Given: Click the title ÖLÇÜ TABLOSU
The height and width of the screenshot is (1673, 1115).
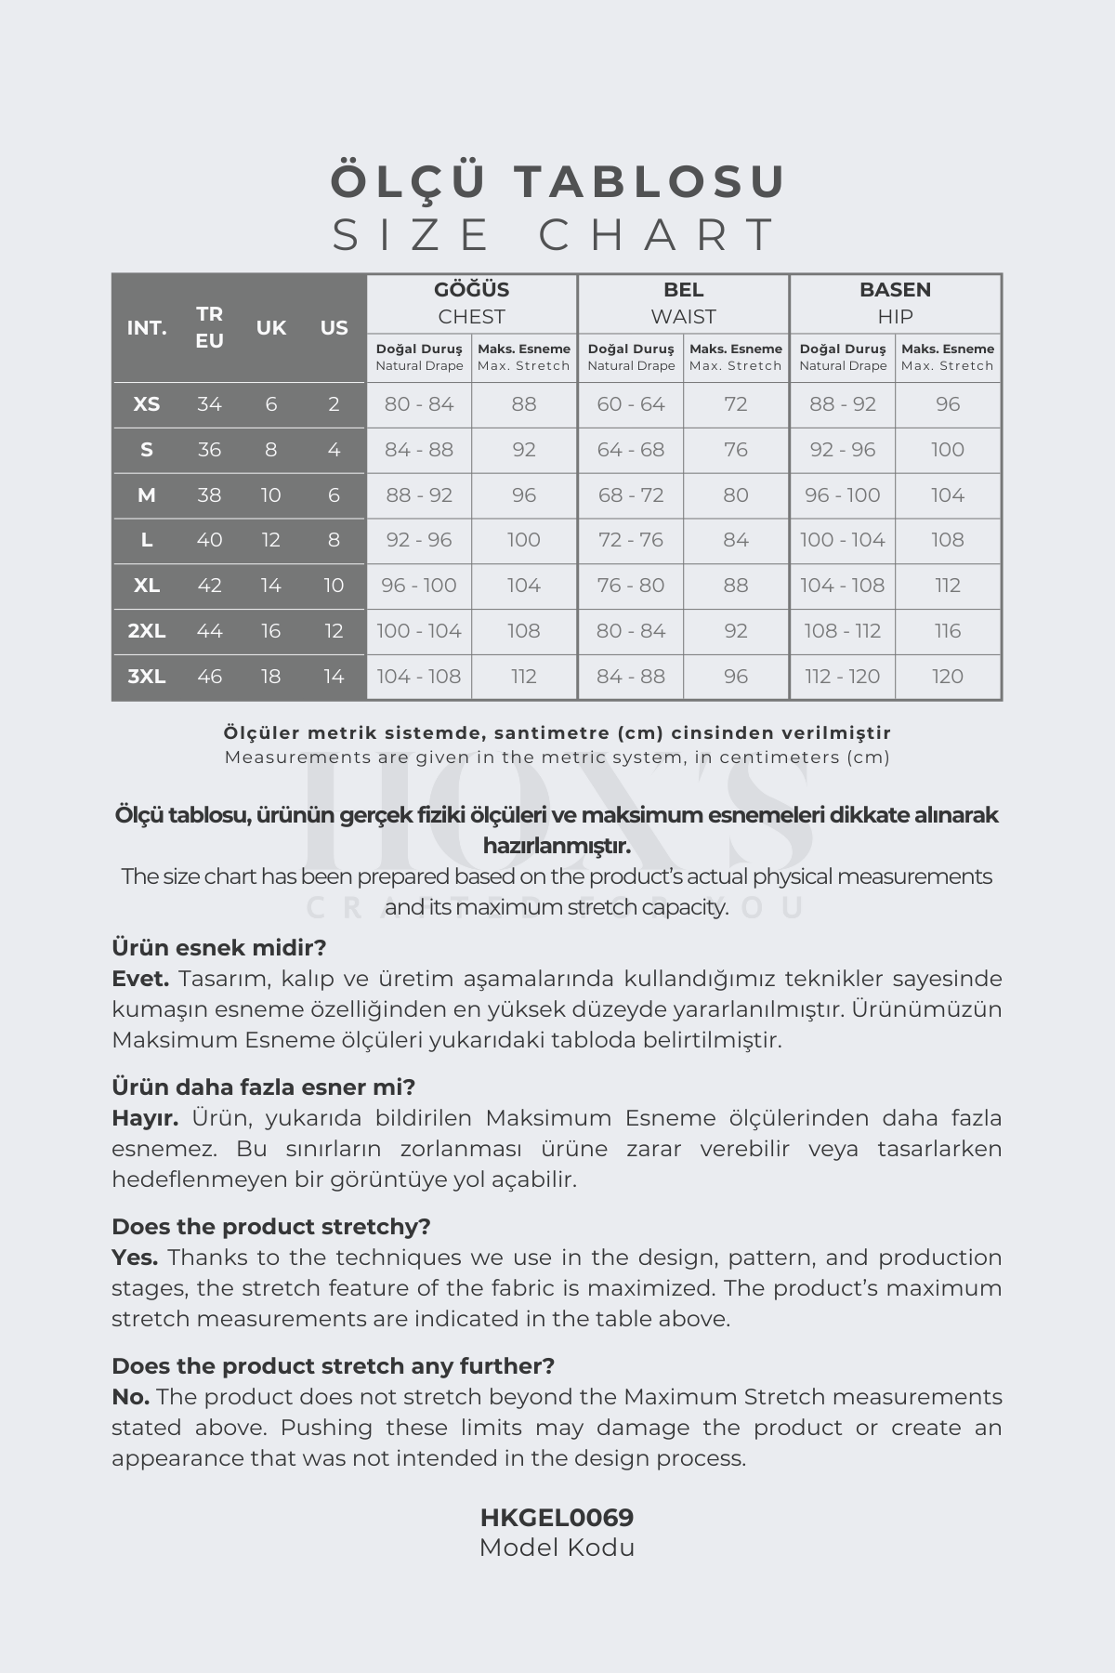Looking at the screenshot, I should pyautogui.click(x=557, y=180).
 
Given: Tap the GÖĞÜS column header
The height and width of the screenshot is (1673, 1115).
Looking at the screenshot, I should pyautogui.click(x=471, y=290).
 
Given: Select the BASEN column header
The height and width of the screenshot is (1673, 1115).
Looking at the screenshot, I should pyautogui.click(x=895, y=290).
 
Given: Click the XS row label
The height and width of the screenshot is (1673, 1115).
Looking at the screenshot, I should pyautogui.click(x=147, y=404).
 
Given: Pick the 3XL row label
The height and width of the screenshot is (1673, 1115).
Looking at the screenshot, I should pyautogui.click(x=147, y=677).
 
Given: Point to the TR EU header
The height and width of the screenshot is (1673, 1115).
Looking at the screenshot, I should pyautogui.click(x=209, y=327).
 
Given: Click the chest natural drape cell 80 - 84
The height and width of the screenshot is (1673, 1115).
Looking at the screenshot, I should pyautogui.click(x=419, y=404).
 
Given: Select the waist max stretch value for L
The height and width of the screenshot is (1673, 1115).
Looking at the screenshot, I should pyautogui.click(x=735, y=540).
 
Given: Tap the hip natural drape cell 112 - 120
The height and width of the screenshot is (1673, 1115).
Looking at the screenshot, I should pyautogui.click(x=843, y=677).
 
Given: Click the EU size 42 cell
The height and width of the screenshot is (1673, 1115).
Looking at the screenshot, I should pyautogui.click(x=209, y=586).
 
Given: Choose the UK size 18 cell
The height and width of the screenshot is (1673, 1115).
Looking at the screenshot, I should pyautogui.click(x=270, y=677).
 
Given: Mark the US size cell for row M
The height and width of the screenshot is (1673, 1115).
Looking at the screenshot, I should pyautogui.click(x=334, y=495).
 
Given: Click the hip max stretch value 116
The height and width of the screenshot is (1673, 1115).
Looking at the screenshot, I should pyautogui.click(x=948, y=631).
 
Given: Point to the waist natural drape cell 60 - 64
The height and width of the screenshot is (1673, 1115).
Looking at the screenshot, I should pyautogui.click(x=631, y=404).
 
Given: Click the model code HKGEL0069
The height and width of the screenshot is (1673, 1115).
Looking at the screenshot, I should pyautogui.click(x=557, y=1518).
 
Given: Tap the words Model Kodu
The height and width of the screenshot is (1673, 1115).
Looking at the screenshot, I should pyautogui.click(x=557, y=1548).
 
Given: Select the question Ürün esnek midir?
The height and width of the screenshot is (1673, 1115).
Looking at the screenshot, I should pyautogui.click(x=219, y=948).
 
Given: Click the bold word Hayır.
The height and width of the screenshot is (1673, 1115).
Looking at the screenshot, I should pyautogui.click(x=145, y=1118).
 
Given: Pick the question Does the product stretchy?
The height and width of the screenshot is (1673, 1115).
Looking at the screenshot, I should pyautogui.click(x=271, y=1227).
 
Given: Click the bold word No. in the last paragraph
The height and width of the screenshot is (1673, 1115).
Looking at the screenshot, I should pyautogui.click(x=131, y=1397).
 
